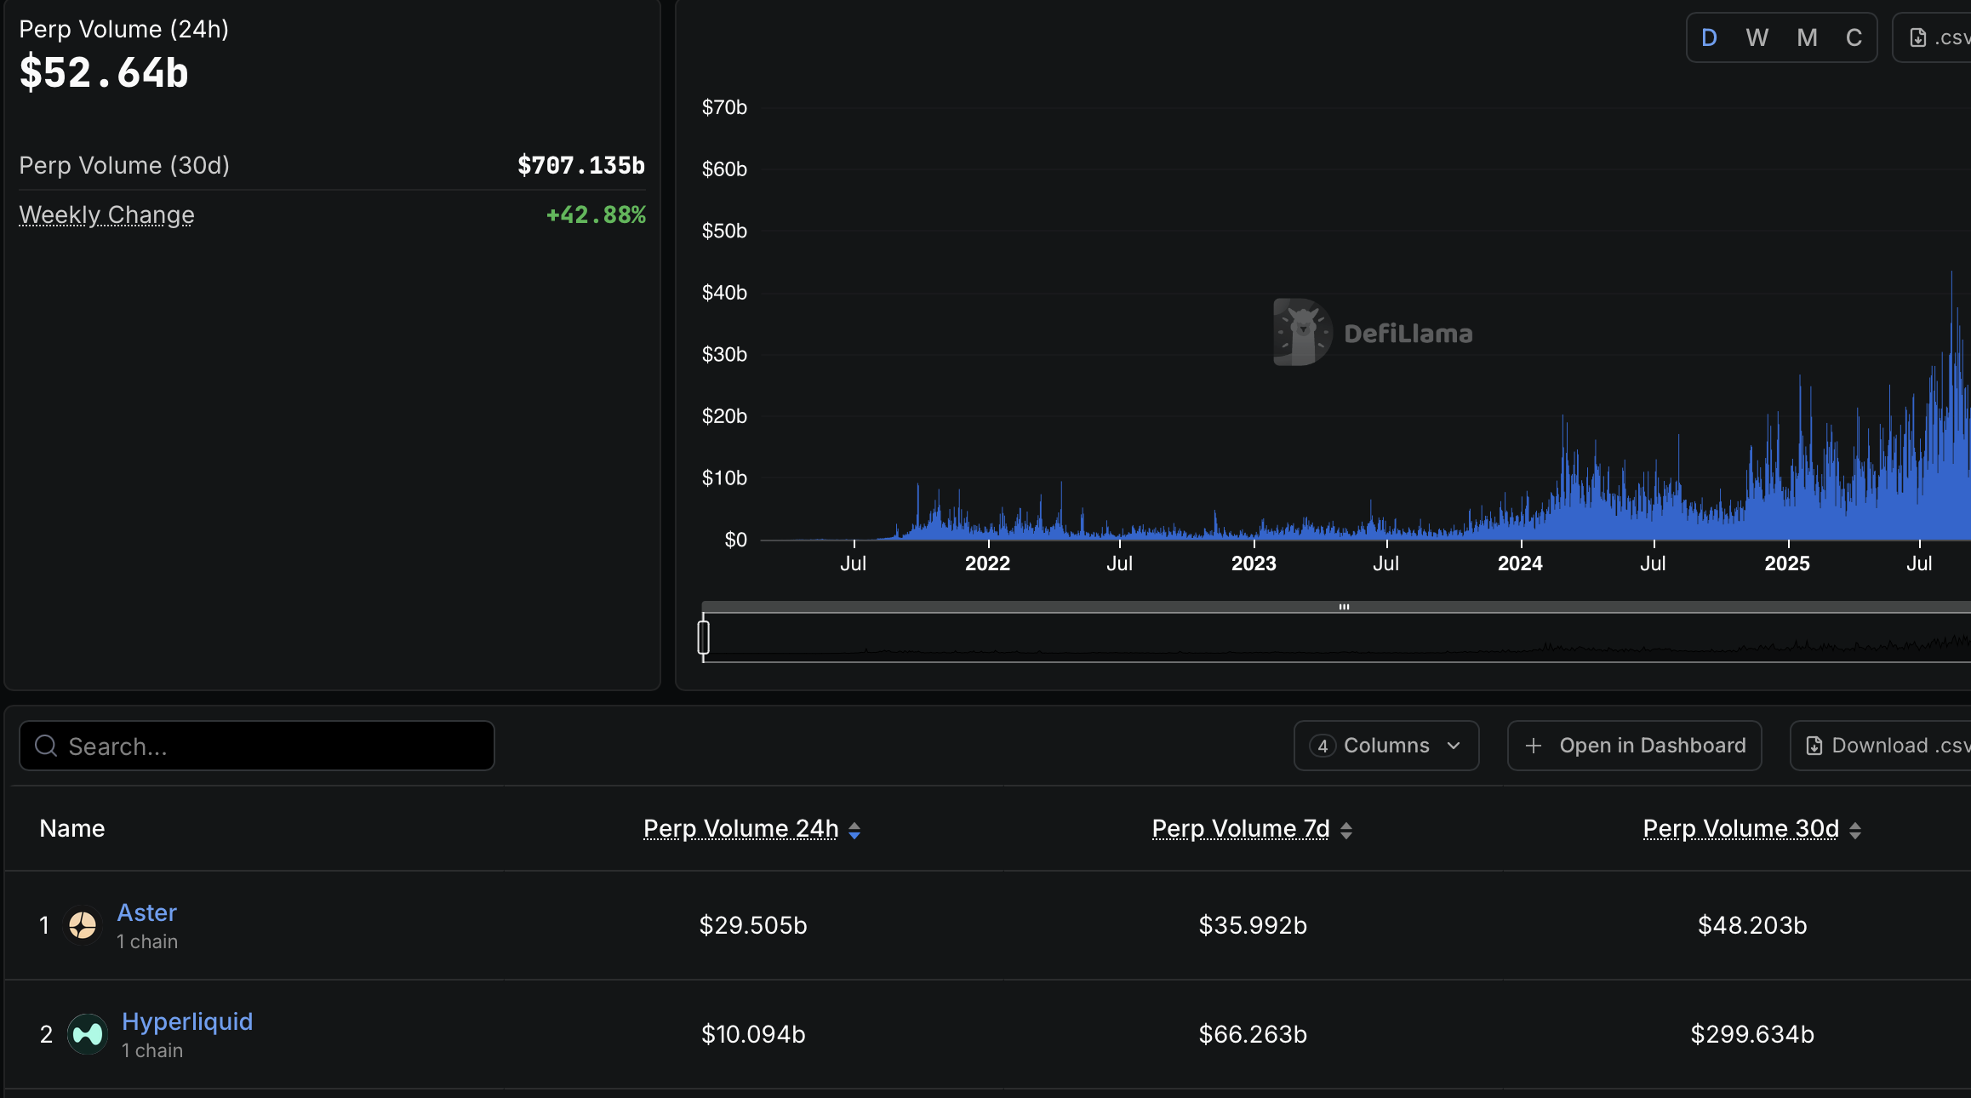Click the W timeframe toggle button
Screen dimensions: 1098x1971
tap(1757, 37)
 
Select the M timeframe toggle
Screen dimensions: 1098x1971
tap(1807, 37)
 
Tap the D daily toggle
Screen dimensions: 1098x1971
tap(1709, 37)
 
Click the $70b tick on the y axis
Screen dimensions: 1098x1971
tap(724, 107)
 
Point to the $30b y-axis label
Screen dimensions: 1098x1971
tap(724, 354)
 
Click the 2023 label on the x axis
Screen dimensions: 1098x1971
tap(1254, 563)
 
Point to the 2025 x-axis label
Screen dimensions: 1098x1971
tap(1786, 563)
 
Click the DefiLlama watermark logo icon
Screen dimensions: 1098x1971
tap(1302, 332)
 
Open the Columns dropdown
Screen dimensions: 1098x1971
tap(1385, 746)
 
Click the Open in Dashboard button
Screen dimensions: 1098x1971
tap(1634, 746)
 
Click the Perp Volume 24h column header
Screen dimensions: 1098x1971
tap(741, 828)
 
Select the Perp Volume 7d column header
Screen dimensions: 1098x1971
tap(1241, 828)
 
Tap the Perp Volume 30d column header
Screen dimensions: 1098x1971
tap(1741, 828)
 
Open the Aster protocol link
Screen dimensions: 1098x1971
tap(146, 912)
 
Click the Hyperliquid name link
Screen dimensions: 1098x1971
tap(187, 1021)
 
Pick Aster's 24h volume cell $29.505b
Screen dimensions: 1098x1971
tap(753, 925)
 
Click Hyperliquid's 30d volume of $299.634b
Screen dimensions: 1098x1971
tap(1752, 1034)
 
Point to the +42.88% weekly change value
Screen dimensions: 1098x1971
tap(596, 214)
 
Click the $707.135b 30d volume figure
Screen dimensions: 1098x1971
tap(581, 165)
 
